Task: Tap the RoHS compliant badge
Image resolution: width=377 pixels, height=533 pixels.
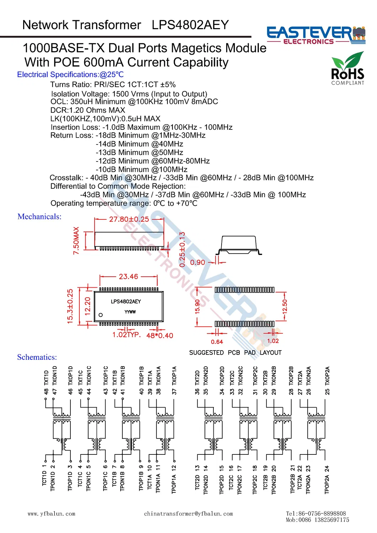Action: click(347, 69)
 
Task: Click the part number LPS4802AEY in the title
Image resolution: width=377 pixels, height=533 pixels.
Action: click(190, 25)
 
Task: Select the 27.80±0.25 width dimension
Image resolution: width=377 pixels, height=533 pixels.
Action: click(129, 219)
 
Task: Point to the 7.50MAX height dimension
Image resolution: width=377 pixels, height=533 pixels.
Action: click(76, 241)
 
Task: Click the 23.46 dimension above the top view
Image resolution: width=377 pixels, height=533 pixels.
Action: click(128, 277)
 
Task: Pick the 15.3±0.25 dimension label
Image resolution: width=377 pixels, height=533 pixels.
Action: click(70, 306)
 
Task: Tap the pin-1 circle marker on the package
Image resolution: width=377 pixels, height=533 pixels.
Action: click(101, 315)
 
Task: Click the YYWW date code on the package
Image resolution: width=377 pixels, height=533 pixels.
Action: click(130, 312)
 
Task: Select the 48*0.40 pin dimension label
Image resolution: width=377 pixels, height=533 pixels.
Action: click(160, 336)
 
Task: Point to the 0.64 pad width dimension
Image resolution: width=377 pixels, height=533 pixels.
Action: click(217, 342)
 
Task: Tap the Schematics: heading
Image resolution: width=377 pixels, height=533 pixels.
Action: click(37, 357)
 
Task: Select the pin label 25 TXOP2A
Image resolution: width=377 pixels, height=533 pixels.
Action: click(327, 380)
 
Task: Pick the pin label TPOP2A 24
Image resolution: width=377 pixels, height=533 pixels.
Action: click(327, 480)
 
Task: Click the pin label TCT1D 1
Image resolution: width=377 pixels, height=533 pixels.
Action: click(44, 475)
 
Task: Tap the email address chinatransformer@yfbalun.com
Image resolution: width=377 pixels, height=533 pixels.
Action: click(188, 514)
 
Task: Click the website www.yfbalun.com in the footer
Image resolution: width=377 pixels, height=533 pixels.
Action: click(52, 514)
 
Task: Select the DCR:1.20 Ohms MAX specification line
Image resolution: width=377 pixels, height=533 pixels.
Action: click(88, 110)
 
